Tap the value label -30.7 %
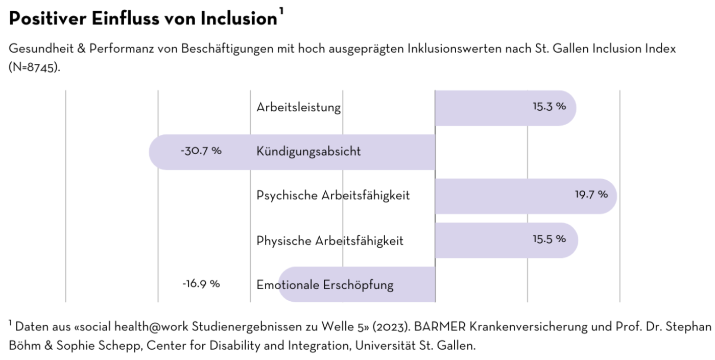click(201, 151)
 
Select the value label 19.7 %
click(591, 195)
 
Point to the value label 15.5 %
click(549, 239)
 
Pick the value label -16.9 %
click(201, 283)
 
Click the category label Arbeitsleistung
click(298, 108)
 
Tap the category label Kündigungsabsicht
click(308, 152)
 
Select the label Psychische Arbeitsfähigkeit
click(333, 196)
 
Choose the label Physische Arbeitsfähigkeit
click(330, 240)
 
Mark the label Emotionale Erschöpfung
click(325, 284)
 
